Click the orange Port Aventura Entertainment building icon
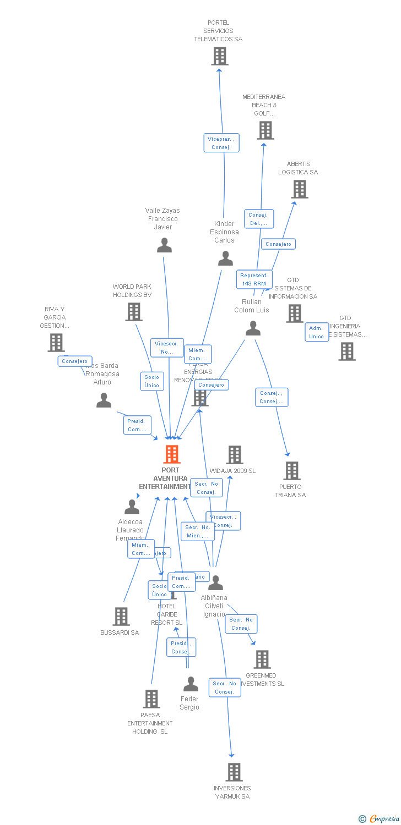(x=172, y=455)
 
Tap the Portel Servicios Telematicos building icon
(x=220, y=56)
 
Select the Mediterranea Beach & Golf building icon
(x=265, y=130)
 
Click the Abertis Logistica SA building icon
(x=300, y=189)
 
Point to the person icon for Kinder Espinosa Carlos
(x=225, y=258)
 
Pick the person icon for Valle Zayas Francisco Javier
(x=164, y=245)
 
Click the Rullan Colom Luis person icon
(x=253, y=328)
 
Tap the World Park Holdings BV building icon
(x=134, y=312)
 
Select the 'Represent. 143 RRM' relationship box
(x=254, y=279)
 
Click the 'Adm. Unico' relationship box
(x=317, y=332)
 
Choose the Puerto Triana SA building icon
(x=292, y=471)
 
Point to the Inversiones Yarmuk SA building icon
(x=234, y=772)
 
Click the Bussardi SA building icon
(x=121, y=617)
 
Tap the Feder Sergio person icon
(x=191, y=684)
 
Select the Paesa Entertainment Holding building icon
(x=151, y=699)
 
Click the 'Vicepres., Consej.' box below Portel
(x=221, y=143)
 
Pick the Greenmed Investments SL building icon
(x=262, y=659)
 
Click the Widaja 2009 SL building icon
(x=235, y=455)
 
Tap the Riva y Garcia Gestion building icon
(x=56, y=343)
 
